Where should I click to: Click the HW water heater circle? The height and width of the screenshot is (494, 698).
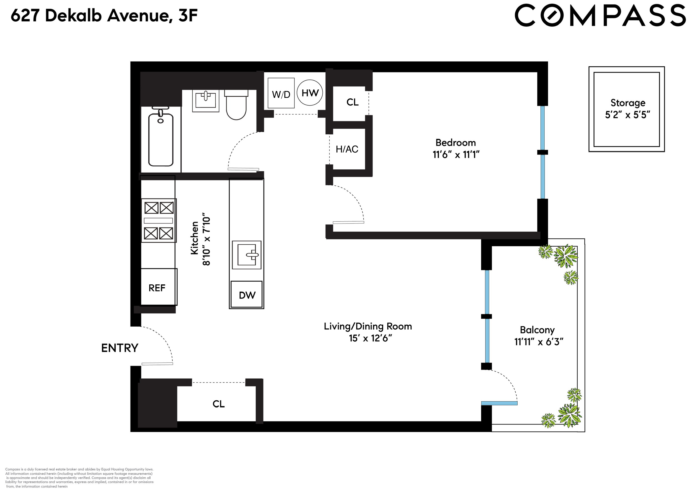(310, 93)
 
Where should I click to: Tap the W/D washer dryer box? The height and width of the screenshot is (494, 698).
(281, 94)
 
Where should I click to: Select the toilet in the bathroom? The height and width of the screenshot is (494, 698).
(236, 105)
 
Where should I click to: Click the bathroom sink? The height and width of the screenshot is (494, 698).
(206, 100)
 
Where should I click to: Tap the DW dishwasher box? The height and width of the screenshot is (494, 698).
(247, 294)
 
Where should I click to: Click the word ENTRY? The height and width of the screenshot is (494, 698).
(119, 348)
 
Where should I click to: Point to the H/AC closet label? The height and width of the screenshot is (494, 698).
(347, 149)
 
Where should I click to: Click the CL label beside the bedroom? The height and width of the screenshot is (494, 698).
(352, 102)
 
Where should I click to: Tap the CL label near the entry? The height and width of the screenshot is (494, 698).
(218, 404)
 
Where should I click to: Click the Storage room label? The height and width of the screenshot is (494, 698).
(628, 103)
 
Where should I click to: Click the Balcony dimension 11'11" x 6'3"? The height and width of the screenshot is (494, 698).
(539, 342)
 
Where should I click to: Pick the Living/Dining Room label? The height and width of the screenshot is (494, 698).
(368, 326)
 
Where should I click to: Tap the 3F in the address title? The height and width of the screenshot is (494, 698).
(188, 16)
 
